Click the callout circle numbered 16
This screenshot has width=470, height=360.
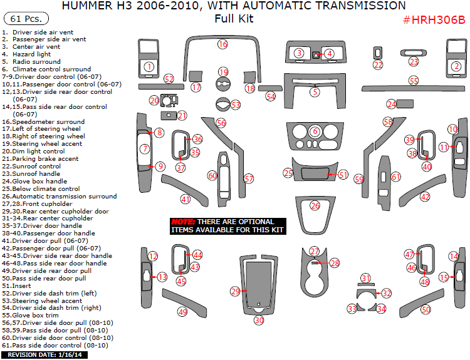click(222, 44)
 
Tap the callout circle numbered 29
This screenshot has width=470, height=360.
click(235, 292)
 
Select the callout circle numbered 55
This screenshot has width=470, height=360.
click(414, 81)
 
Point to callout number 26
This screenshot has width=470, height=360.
click(315, 205)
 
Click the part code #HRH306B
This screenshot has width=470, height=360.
click(434, 20)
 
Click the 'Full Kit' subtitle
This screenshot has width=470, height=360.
click(234, 19)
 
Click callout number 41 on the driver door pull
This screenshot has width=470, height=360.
click(185, 199)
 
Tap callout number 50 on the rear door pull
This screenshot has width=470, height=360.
click(426, 309)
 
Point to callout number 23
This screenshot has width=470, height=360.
click(414, 61)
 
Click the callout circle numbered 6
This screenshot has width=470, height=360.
click(315, 131)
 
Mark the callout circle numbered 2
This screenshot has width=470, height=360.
click(456, 66)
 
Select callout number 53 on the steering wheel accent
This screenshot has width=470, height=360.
click(235, 105)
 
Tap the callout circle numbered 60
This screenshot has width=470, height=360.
click(212, 176)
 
